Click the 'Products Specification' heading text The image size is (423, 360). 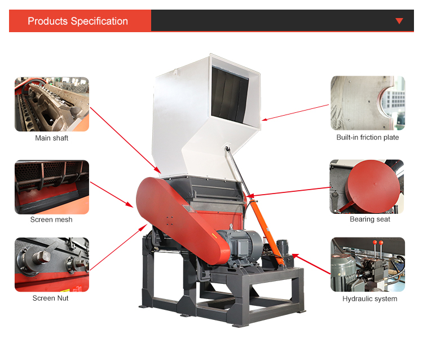click(78, 21)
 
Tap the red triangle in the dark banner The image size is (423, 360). click(399, 21)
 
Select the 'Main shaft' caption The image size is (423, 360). click(51, 138)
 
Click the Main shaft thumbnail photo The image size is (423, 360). click(52, 104)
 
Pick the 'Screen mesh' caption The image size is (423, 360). click(51, 219)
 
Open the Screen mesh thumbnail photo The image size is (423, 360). click(52, 187)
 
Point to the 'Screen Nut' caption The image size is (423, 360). click(50, 298)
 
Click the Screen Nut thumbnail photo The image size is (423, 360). click(52, 265)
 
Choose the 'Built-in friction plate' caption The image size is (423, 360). click(367, 137)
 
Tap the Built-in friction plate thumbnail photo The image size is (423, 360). click(368, 103)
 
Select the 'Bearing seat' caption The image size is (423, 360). click(370, 219)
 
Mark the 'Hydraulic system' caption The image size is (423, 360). click(369, 298)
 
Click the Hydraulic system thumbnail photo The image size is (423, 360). click(368, 265)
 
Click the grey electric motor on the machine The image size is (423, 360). click(240, 246)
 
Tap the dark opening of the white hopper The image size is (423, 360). click(230, 94)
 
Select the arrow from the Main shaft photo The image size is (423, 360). click(125, 140)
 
